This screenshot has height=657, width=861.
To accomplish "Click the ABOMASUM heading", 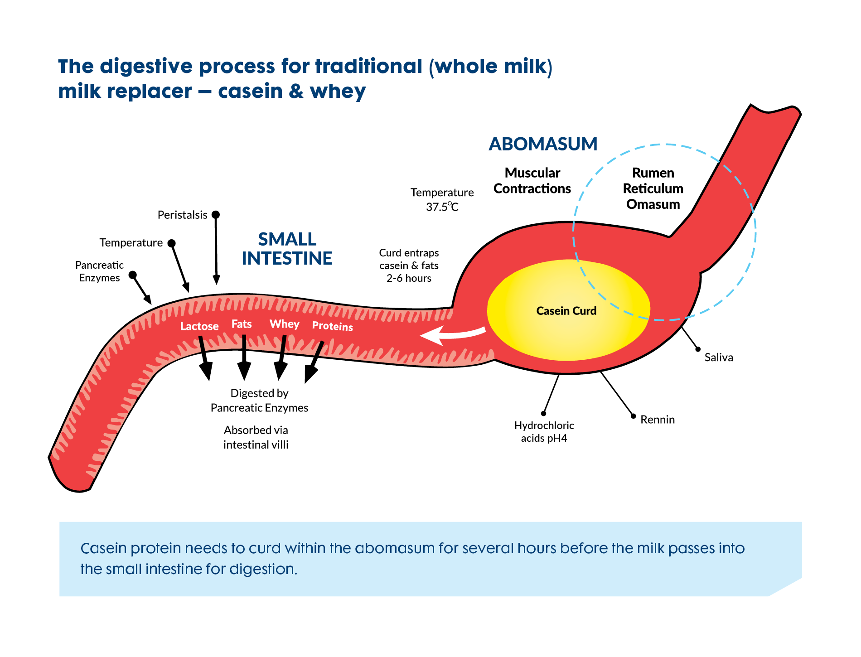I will click(x=543, y=144).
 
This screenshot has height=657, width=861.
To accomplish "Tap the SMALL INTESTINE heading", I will click(x=287, y=249).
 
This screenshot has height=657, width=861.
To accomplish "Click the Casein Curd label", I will click(x=566, y=311).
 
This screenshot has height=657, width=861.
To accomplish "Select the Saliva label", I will click(x=718, y=357).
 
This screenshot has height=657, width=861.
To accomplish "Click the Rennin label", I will click(x=657, y=420).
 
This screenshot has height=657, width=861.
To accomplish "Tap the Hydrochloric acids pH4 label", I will click(x=544, y=432).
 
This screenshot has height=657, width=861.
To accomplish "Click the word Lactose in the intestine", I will click(x=199, y=326).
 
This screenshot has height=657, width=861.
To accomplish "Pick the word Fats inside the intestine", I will click(x=242, y=324).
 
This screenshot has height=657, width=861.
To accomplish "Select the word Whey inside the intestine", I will click(x=285, y=324).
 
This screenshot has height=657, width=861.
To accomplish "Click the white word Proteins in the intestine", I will click(x=332, y=326).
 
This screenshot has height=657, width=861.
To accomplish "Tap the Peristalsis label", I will click(x=182, y=215).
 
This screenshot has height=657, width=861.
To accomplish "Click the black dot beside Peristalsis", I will click(x=216, y=214).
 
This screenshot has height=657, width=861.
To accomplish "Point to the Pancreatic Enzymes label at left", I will click(x=99, y=271).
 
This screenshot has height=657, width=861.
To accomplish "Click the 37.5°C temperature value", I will click(x=442, y=207).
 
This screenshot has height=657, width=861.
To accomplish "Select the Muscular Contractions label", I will click(x=532, y=181).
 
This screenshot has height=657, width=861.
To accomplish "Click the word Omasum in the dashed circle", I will click(x=653, y=204).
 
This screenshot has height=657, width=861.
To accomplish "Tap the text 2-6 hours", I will click(x=409, y=278).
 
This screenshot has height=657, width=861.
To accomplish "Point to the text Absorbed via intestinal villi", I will click(x=256, y=437).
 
